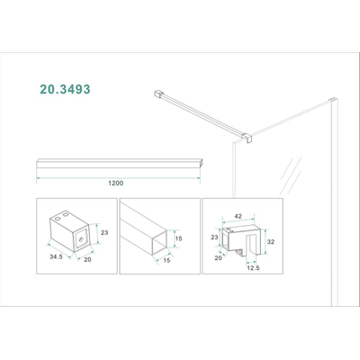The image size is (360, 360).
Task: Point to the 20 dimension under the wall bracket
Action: [x=87, y=262]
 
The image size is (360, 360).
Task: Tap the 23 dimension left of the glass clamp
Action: [x=214, y=238]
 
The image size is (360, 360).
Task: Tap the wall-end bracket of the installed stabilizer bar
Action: [x=156, y=92]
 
